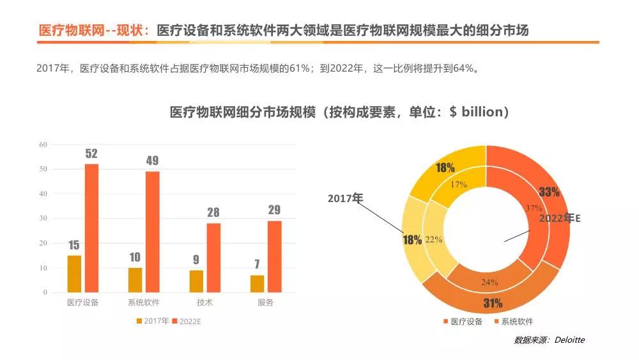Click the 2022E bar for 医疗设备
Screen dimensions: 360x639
(x=92, y=228)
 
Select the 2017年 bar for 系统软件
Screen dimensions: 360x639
(x=135, y=279)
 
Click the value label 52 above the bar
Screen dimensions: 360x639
(x=91, y=154)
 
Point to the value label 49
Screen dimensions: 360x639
(x=152, y=161)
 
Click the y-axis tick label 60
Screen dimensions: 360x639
(x=43, y=145)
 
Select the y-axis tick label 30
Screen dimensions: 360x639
(x=43, y=219)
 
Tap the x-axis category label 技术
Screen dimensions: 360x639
(x=205, y=302)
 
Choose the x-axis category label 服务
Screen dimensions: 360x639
(x=265, y=302)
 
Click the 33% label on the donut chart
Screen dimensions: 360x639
(x=549, y=192)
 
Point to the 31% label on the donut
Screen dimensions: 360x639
(x=493, y=303)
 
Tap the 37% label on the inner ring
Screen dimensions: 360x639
(x=534, y=208)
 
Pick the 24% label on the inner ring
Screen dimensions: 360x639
(x=489, y=282)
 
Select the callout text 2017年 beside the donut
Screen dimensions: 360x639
(x=345, y=199)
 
